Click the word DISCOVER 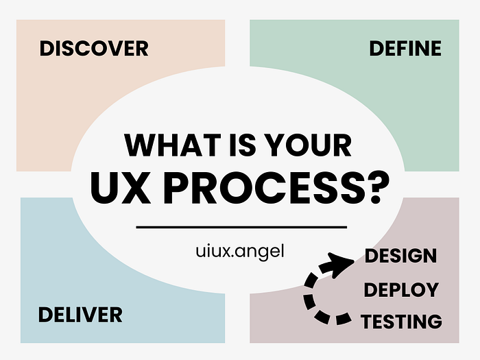(94, 49)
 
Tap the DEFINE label (405, 49)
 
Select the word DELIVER (80, 315)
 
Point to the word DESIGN (400, 256)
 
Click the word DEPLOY (401, 289)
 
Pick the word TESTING (401, 322)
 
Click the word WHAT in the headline (173, 145)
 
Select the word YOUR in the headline (308, 145)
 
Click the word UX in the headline (121, 188)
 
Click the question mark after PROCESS (378, 187)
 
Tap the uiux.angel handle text (240, 252)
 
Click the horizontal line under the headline (241, 227)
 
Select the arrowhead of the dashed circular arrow (340, 264)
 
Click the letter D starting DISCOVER (47, 49)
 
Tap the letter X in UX (135, 188)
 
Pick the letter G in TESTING (434, 322)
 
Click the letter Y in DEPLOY (431, 289)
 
